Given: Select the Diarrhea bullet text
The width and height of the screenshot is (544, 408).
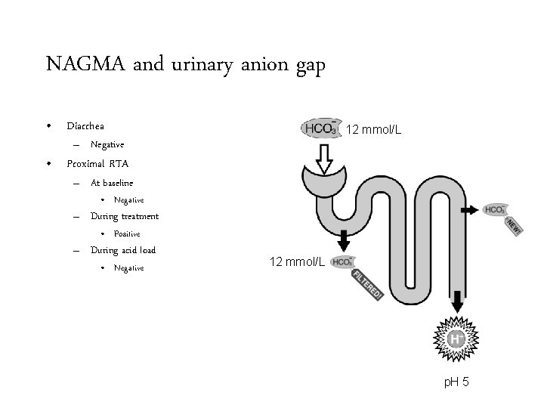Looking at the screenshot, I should [x=85, y=125].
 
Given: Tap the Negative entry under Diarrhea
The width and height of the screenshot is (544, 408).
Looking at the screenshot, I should [x=107, y=144].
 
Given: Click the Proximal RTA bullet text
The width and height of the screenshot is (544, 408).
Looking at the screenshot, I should [x=97, y=163].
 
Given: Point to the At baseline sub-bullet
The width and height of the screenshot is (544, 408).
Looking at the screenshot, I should [x=112, y=182].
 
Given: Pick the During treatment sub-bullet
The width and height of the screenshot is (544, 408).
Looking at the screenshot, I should [x=125, y=216].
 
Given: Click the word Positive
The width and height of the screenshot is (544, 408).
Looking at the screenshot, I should [x=127, y=234].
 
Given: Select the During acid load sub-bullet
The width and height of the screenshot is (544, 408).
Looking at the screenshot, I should [x=123, y=250].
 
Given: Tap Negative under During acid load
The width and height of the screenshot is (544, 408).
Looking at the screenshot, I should [x=128, y=268].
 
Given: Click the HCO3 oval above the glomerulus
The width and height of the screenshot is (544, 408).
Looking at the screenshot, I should [x=322, y=128].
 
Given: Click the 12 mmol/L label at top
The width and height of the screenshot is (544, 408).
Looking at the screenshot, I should [x=373, y=130].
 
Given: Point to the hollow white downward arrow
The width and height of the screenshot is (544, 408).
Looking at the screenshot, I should [x=325, y=158].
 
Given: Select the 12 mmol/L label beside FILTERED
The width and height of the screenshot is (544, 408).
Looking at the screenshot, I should [x=297, y=262].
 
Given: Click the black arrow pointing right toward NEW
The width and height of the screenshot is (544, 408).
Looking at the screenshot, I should [x=469, y=209].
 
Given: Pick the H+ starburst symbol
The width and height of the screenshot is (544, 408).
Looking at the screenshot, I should [x=456, y=341].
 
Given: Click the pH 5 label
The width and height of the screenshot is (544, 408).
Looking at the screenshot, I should [x=456, y=382].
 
